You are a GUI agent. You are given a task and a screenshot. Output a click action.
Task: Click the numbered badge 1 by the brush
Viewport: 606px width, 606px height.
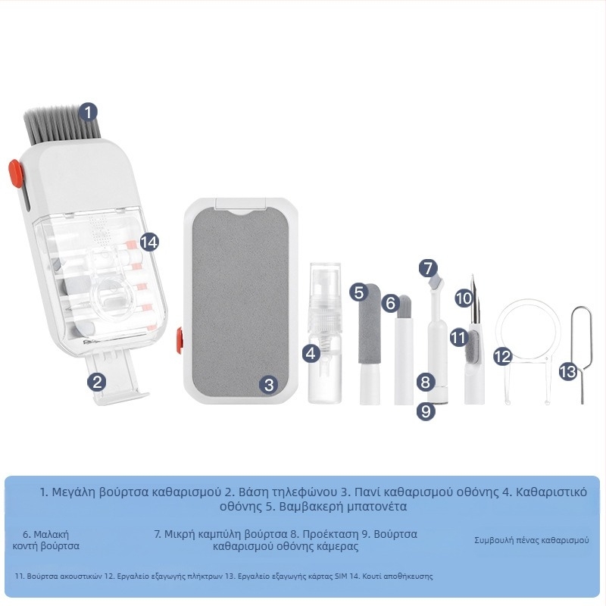pyautogui.click(x=89, y=112)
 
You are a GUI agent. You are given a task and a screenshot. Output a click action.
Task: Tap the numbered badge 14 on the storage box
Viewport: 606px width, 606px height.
pyautogui.click(x=149, y=242)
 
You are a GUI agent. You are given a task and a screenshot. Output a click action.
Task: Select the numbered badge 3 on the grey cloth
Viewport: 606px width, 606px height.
pyautogui.click(x=269, y=384)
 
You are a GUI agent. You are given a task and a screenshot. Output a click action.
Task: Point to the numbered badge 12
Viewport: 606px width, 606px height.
pyautogui.click(x=503, y=356)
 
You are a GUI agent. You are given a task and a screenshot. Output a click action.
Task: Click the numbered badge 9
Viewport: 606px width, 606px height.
pyautogui.click(x=426, y=411)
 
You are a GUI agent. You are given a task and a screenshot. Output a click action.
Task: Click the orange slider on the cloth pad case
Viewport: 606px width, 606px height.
pyautogui.click(x=180, y=340)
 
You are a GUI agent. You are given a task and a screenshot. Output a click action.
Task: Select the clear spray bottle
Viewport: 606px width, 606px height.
pyautogui.click(x=325, y=333)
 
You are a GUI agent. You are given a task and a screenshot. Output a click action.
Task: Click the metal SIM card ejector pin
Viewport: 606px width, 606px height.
pyautogui.click(x=581, y=355)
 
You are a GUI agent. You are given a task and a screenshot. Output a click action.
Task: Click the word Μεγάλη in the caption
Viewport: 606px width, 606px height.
pyautogui.click(x=73, y=492)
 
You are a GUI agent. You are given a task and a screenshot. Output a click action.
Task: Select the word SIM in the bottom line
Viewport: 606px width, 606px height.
pyautogui.click(x=342, y=576)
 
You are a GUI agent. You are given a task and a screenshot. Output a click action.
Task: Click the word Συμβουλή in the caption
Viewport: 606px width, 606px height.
pyautogui.click(x=492, y=540)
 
